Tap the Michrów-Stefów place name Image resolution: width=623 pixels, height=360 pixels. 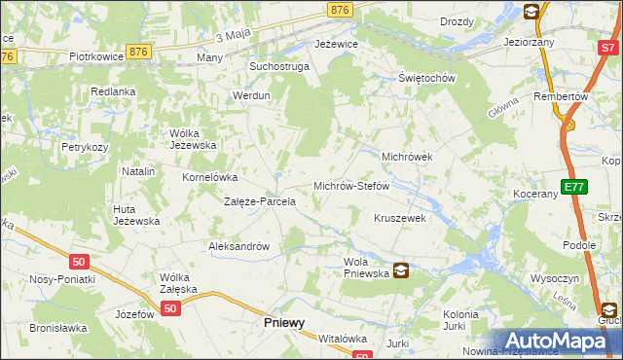pyautogui.click(x=350, y=185)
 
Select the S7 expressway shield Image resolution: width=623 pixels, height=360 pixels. pyautogui.click(x=608, y=46)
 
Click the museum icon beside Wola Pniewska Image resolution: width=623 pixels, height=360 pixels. pyautogui.click(x=401, y=271)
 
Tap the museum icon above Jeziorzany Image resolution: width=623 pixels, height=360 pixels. pyautogui.click(x=532, y=12)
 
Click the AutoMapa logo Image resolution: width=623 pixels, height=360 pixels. pyautogui.click(x=558, y=341)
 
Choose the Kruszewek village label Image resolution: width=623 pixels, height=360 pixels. pyautogui.click(x=400, y=218)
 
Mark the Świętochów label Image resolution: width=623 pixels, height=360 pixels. pyautogui.click(x=427, y=79)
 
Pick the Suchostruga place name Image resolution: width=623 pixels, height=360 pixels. pyautogui.click(x=279, y=67)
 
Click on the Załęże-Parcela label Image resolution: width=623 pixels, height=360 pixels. pyautogui.click(x=260, y=202)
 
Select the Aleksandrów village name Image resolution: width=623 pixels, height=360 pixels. pyautogui.click(x=238, y=247)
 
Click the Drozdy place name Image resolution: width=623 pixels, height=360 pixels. pyautogui.click(x=457, y=21)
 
